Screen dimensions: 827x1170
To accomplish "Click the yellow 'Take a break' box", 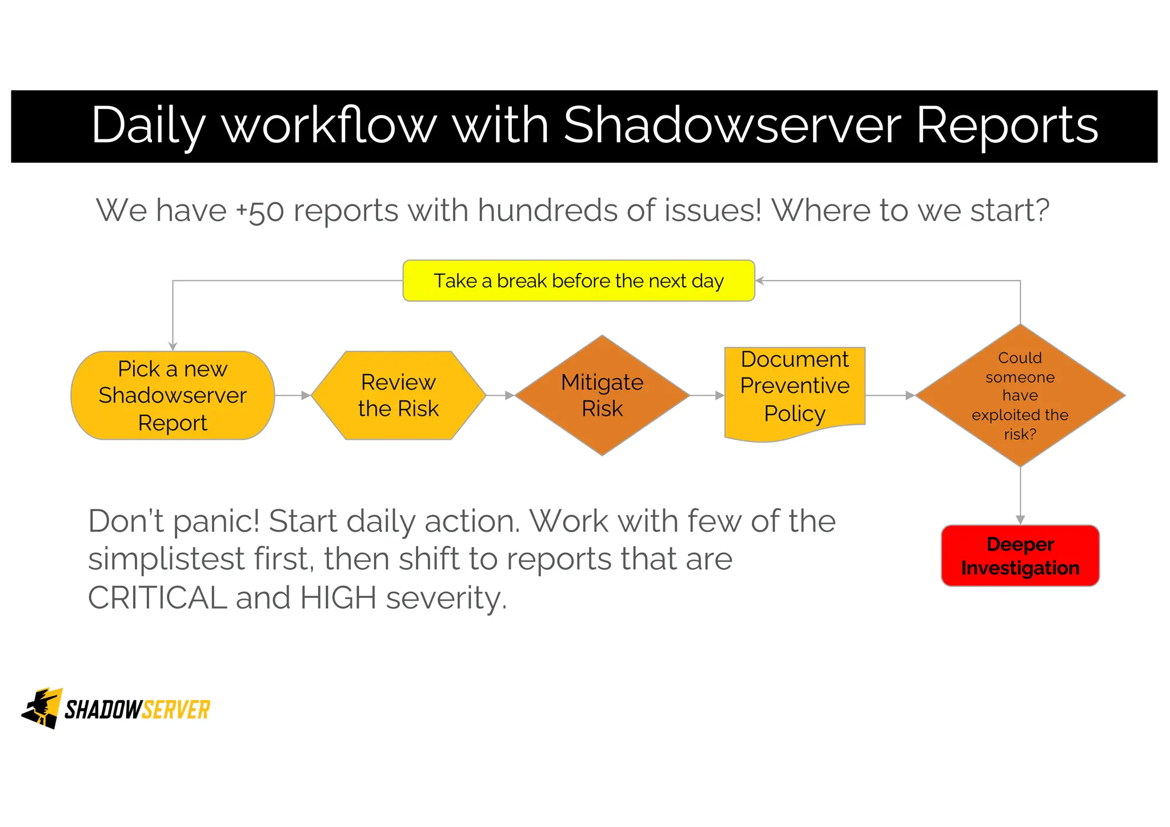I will pos(578,280).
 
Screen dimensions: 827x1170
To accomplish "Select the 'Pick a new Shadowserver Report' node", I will pos(173,395).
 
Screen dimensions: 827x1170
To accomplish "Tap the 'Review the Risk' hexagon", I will pos(398,395).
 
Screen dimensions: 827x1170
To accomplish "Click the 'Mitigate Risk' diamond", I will pos(602,395).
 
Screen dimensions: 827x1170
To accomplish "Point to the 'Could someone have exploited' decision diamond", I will pos(1020,395).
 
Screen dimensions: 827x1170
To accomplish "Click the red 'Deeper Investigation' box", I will pos(1020,556).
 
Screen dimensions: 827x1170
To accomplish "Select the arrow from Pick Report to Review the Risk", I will pos(293,395).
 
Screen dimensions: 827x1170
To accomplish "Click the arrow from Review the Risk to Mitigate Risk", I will pos(500,395).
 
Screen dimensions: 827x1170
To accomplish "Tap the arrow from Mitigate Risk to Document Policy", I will pos(707,395).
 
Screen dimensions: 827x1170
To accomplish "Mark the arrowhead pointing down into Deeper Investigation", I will pos(1020,519).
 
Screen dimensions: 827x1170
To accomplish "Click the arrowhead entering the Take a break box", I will pos(760,280).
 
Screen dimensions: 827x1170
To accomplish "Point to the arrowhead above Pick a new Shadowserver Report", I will pos(173,346).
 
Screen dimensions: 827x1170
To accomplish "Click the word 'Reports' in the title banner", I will pos(1007,125).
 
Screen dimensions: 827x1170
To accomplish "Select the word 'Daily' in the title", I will pos(147,126).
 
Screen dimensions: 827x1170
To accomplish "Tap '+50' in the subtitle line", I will pos(260,211).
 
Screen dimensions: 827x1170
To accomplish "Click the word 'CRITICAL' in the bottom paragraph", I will pos(157,598).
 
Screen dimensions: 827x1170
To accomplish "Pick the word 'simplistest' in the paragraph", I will pos(166,559).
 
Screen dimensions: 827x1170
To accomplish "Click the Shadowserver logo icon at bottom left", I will pos(42,708).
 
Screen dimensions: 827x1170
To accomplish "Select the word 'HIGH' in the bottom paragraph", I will pos(338,598).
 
